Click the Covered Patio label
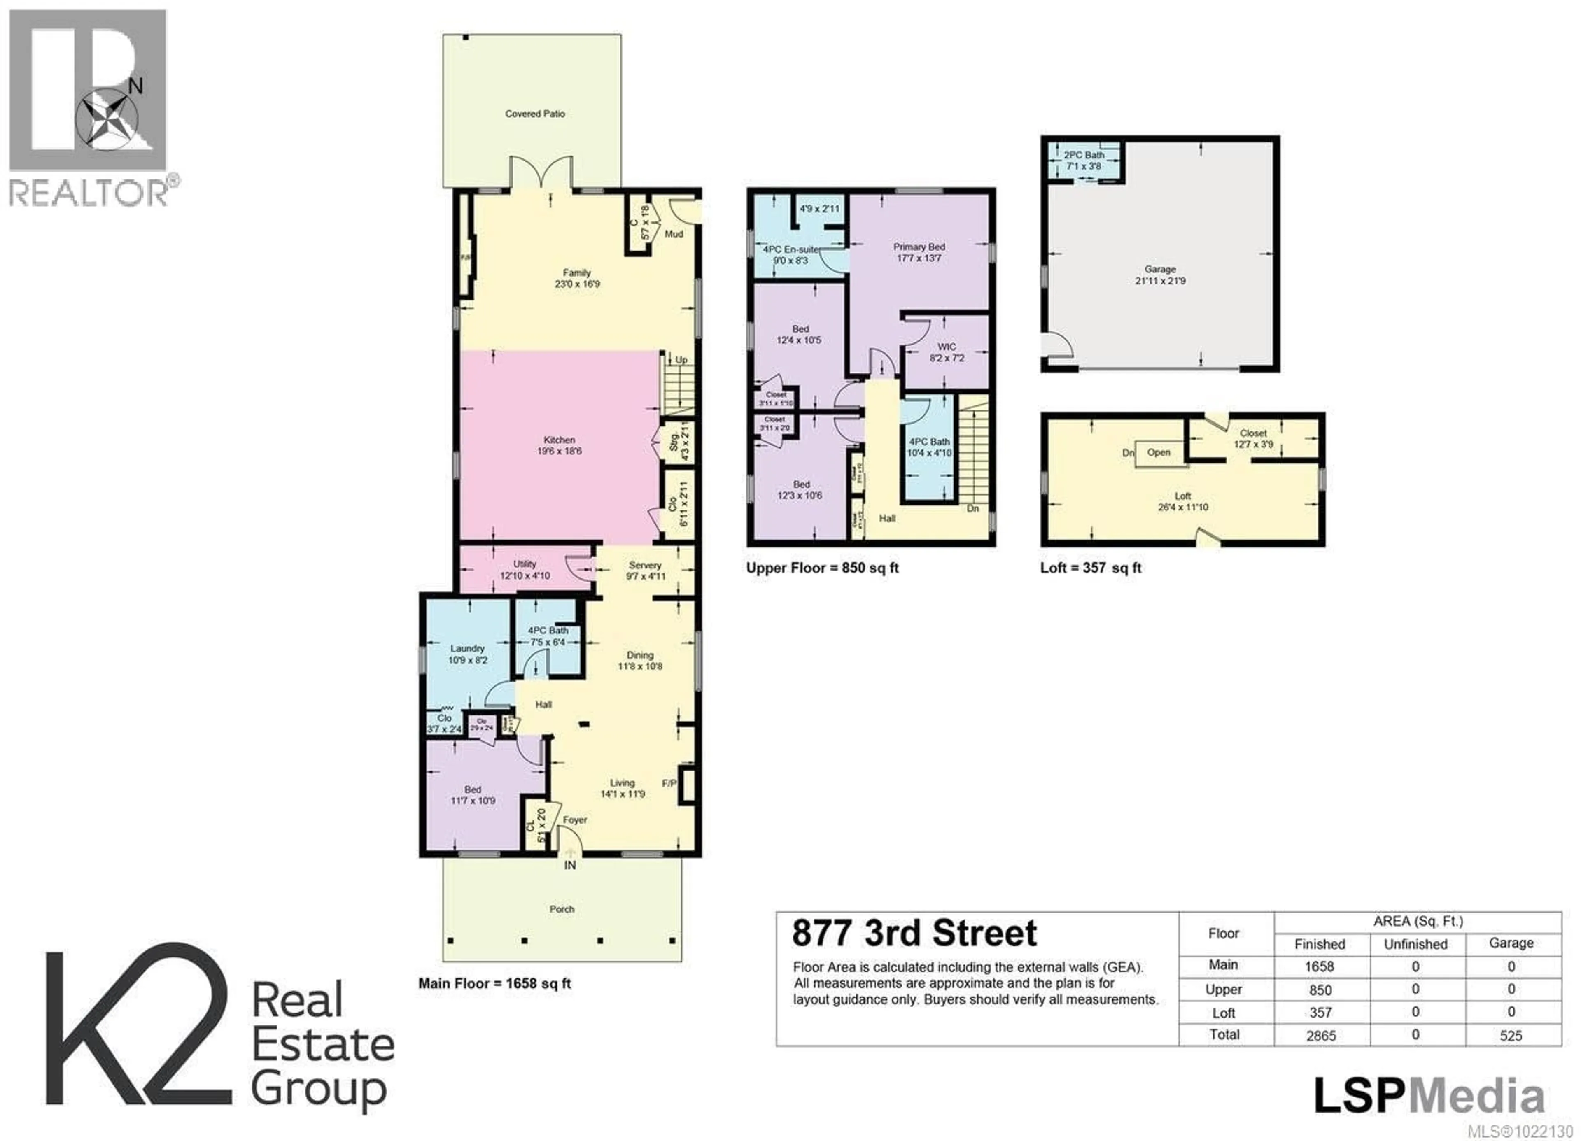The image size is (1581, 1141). point(535,114)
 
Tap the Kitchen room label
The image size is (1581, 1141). point(559,440)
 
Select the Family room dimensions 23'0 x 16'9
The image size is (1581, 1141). point(577,284)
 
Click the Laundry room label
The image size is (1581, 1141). point(467,648)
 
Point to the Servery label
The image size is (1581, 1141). point(645,565)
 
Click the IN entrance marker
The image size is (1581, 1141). point(569,865)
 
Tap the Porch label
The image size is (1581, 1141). point(562,909)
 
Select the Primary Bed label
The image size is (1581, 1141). point(919,247)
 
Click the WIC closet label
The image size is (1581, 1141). point(947,347)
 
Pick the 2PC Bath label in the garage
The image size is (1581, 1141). point(1084,155)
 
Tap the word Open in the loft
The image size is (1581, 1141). point(1159,452)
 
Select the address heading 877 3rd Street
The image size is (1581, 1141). point(914,933)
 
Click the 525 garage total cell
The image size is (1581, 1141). point(1511,1035)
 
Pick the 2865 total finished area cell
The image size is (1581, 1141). point(1320,1035)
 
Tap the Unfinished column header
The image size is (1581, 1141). point(1415,944)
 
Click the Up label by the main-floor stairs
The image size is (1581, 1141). point(681,360)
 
